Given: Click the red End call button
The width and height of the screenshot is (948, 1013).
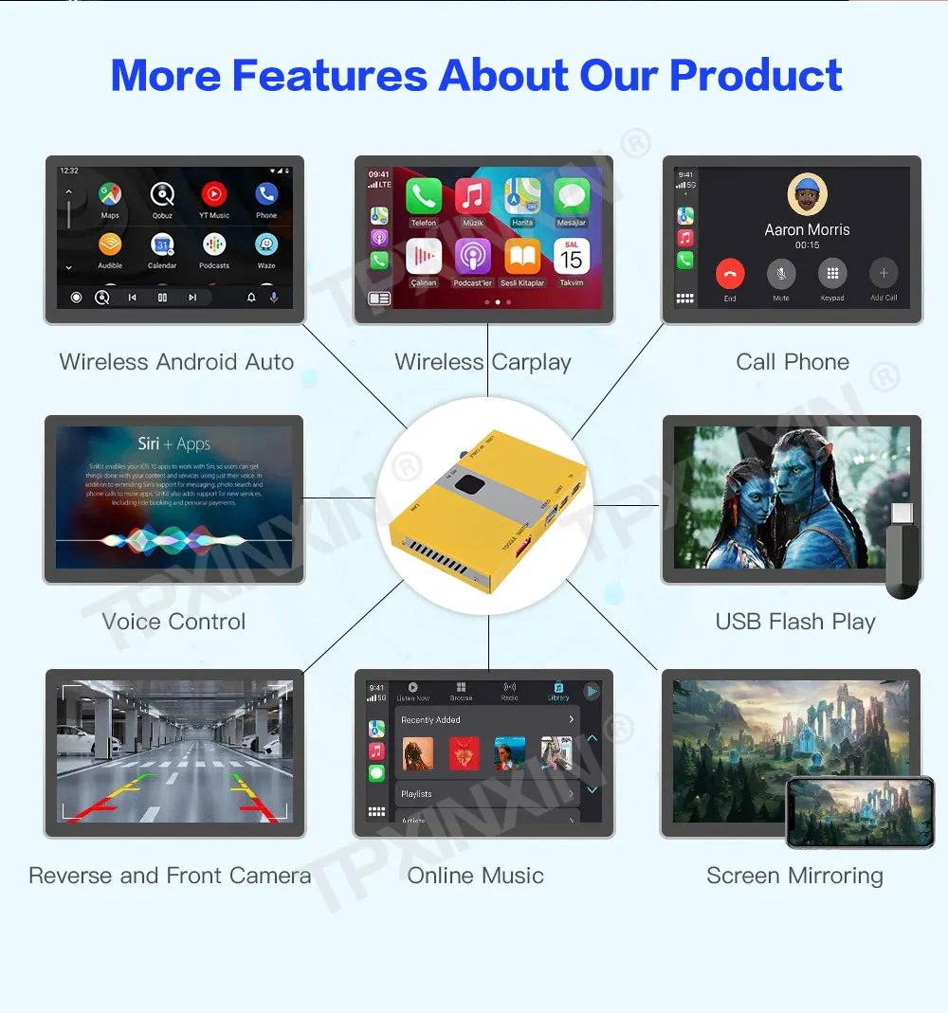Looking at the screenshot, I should [730, 275].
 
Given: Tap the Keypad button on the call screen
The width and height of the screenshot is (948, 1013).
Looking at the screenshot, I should [832, 275].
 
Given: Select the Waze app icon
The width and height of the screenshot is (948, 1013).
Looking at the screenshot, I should [266, 244].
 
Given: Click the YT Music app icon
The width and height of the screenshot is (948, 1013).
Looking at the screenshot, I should [214, 195].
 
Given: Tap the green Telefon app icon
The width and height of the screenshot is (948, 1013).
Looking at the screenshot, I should [424, 196].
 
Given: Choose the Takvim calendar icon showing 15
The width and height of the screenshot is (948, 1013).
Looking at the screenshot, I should [572, 257].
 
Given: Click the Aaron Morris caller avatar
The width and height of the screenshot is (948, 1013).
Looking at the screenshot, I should [807, 196].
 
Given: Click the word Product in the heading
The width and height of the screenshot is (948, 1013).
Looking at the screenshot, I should [756, 75].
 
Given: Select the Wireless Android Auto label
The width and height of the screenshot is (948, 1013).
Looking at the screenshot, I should [176, 362].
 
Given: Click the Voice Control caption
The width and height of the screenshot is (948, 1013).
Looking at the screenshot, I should [173, 622].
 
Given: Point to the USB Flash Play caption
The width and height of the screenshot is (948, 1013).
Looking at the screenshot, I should [795, 622].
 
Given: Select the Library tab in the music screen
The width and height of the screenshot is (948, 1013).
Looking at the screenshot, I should [558, 691].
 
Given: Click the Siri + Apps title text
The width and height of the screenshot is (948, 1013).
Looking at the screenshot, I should [173, 443].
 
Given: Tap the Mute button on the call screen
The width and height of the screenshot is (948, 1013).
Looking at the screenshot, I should [781, 275].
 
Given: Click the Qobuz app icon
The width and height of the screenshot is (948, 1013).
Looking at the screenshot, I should [162, 195].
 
